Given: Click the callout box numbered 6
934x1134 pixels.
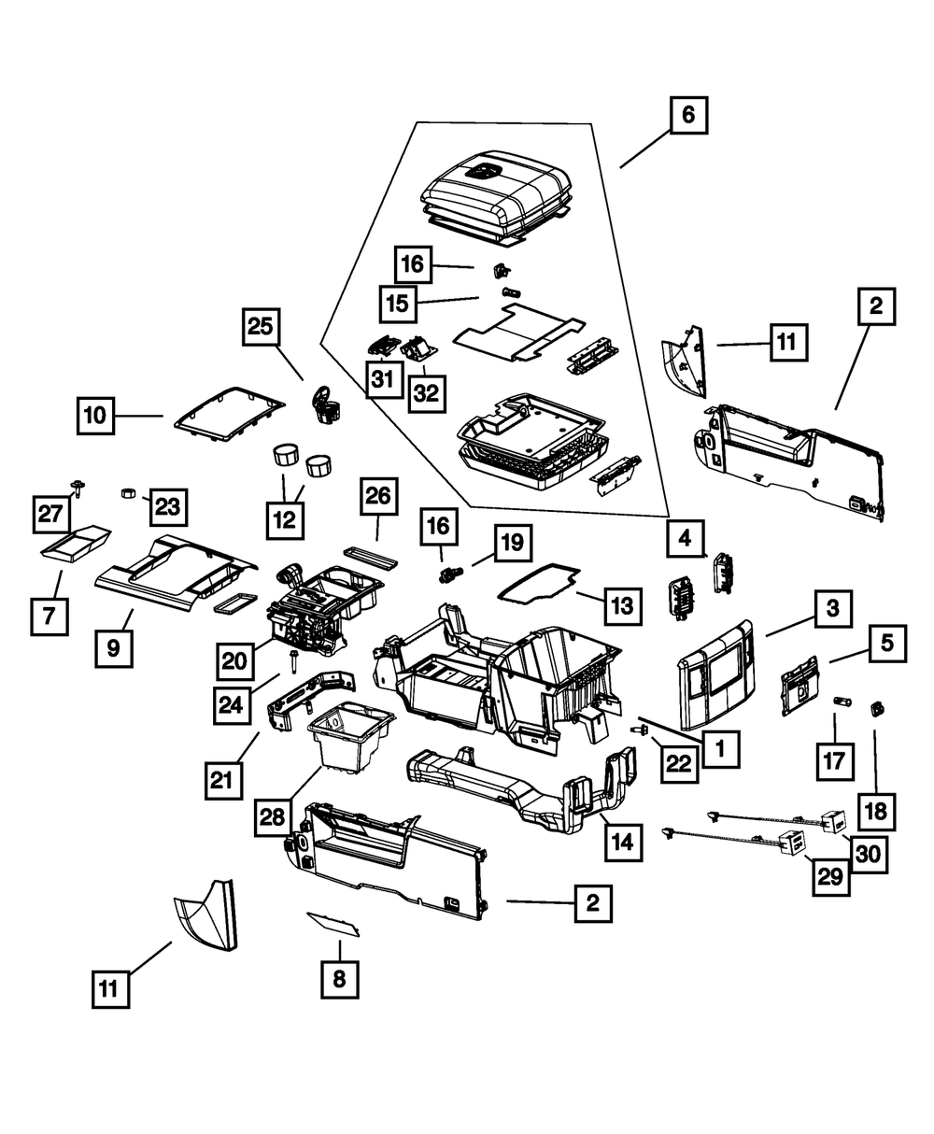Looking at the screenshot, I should [688, 116].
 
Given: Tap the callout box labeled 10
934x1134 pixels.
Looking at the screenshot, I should [95, 415].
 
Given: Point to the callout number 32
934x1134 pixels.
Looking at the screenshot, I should [426, 393].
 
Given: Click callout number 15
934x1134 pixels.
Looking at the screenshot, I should [399, 304].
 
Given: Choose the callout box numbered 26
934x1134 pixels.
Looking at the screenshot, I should [378, 497].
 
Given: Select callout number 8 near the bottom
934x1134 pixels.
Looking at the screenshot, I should [339, 979].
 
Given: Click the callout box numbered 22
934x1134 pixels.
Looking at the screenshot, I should [678, 763].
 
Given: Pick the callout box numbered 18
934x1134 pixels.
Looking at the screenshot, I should [877, 811].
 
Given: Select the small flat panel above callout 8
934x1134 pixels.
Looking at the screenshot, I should [333, 923].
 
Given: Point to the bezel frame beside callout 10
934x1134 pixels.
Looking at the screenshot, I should [228, 411].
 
